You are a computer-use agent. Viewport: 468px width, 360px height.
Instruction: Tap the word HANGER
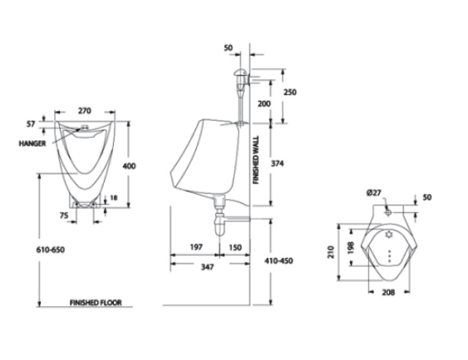tap(30, 143)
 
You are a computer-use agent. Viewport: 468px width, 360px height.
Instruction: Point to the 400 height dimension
tap(129, 165)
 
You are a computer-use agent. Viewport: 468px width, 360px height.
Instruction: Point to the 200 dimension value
tap(263, 103)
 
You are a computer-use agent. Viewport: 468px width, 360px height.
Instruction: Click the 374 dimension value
tap(278, 164)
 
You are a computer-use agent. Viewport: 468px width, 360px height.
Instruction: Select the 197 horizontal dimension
tap(196, 248)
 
